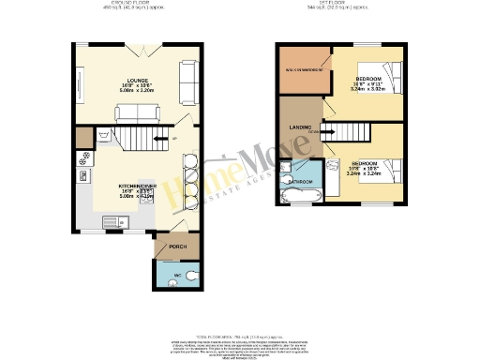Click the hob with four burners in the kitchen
pyautogui.click(x=83, y=173)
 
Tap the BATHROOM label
pyautogui.click(x=300, y=179)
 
